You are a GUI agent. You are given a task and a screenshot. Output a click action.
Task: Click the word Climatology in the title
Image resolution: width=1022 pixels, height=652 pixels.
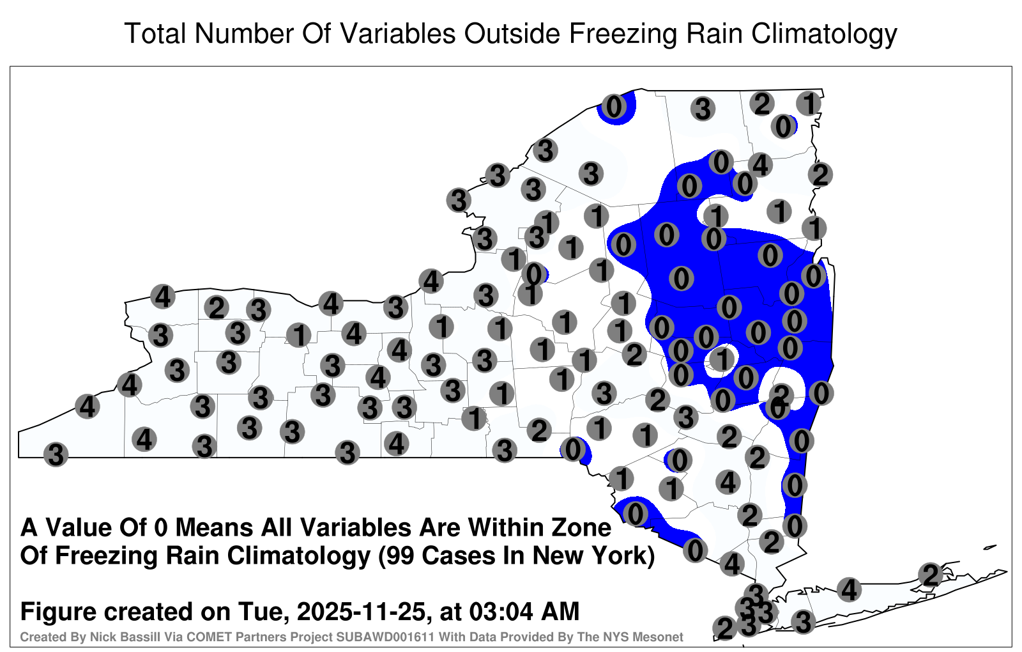825,34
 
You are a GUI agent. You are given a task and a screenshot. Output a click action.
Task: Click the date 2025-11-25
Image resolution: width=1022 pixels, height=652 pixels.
361,612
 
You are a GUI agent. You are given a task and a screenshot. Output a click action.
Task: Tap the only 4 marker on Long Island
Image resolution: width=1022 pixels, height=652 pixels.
849,589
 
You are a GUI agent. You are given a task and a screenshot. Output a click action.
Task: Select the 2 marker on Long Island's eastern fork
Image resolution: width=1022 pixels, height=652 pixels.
931,575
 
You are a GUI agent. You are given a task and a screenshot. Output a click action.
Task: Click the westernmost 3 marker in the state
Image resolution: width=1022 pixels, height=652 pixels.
56,454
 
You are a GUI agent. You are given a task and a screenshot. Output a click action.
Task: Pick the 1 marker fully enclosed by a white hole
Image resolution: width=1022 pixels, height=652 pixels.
722,360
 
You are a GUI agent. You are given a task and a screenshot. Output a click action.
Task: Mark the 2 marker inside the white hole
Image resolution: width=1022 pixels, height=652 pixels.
782,394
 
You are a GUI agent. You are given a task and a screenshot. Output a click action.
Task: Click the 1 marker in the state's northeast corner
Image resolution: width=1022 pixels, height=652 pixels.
809,103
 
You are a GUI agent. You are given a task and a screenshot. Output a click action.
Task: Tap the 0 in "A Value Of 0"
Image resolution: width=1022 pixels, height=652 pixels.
161,528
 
